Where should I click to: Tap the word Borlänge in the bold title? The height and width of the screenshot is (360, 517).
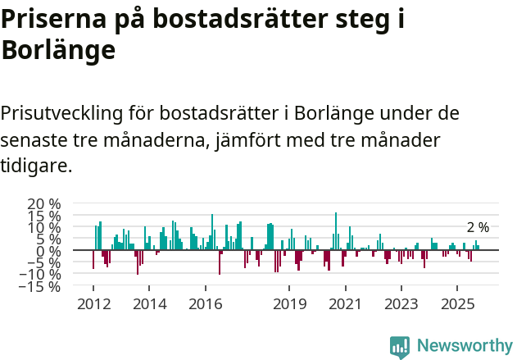(58, 51)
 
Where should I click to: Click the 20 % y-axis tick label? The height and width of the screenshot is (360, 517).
(43, 203)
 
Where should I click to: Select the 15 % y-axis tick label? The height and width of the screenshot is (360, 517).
(43, 216)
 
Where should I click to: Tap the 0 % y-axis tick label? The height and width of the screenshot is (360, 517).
(48, 251)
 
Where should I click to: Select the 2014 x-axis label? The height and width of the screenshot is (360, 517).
(148, 304)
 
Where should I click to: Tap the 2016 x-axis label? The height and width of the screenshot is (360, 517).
(205, 304)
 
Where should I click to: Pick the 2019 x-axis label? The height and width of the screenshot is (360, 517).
(289, 304)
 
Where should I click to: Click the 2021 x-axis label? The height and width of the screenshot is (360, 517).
(345, 304)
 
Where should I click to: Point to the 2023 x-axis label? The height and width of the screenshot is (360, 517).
(401, 304)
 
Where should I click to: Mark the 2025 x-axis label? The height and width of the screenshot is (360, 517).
(457, 304)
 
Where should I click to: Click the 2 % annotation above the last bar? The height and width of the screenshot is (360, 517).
(478, 227)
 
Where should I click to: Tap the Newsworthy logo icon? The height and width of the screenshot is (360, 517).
(400, 346)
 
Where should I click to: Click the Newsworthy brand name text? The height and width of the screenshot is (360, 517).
(464, 346)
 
